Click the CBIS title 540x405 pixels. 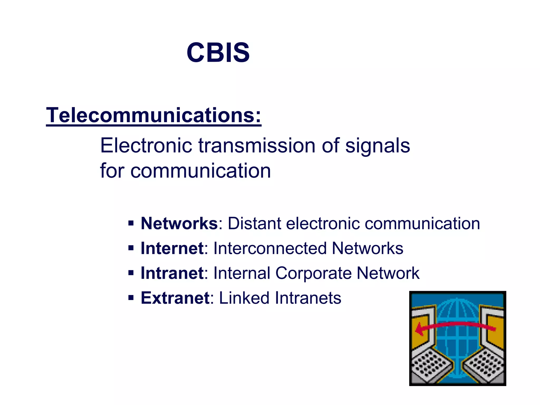[218, 53]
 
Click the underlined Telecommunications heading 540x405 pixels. [153, 115]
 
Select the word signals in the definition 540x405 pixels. [378, 146]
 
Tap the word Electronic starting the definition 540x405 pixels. [146, 146]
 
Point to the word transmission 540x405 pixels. [257, 146]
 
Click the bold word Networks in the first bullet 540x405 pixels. [179, 224]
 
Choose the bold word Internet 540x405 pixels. [172, 248]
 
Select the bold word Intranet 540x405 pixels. [172, 273]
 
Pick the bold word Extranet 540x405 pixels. [175, 298]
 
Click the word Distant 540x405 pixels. [254, 224]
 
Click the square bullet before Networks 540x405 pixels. [131, 224]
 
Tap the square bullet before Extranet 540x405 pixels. [131, 298]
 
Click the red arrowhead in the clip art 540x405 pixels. [420, 330]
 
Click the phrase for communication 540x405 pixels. [185, 171]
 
